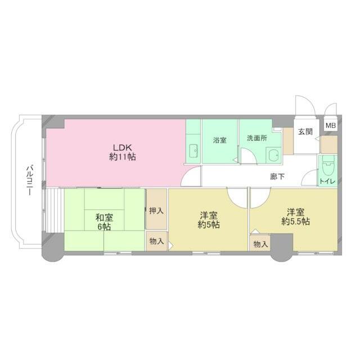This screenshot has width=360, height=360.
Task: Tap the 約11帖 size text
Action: point(123,157)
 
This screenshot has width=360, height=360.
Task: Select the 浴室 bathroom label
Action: point(219,140)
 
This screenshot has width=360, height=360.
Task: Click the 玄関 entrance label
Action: point(305,132)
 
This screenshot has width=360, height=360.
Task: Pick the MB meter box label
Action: point(330,126)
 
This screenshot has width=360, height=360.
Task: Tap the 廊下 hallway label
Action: point(277,177)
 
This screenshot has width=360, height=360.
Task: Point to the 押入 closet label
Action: point(156,211)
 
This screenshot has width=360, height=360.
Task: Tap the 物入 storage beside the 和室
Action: point(156,241)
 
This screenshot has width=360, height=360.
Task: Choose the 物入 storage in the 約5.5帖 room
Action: point(260,244)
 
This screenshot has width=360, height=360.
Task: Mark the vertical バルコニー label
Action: point(29,179)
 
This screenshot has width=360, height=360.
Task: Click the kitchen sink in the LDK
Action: point(194,150)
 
